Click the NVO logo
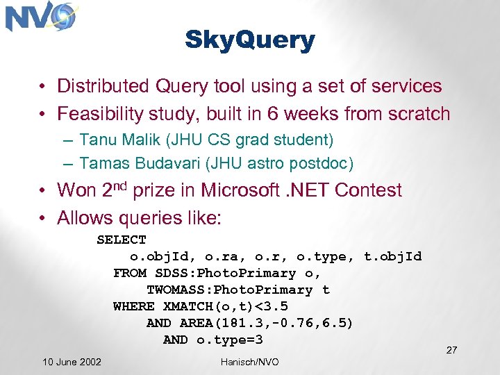coord(40,17)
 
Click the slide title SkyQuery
coord(250,41)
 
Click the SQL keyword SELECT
coord(122,240)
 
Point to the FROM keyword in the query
coord(130,273)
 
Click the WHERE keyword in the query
coord(134,306)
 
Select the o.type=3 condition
coord(230,340)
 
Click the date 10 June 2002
coord(72,362)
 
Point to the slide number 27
coord(451,349)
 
